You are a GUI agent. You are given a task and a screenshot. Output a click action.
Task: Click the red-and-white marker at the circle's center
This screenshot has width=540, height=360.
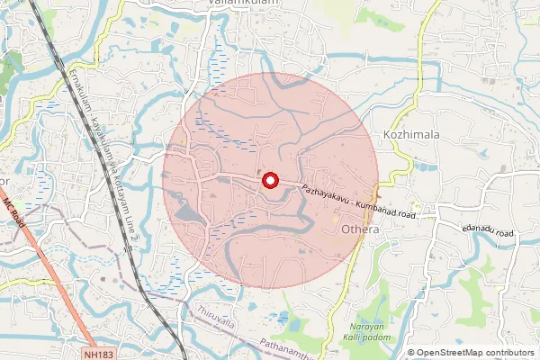(270, 181)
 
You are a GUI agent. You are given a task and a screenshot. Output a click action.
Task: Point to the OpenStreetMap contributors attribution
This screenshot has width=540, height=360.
(471, 353)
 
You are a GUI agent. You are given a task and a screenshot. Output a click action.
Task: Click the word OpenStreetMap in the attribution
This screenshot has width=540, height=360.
(446, 353)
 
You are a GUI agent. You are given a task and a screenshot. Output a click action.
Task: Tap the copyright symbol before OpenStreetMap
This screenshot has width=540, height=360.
(411, 353)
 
